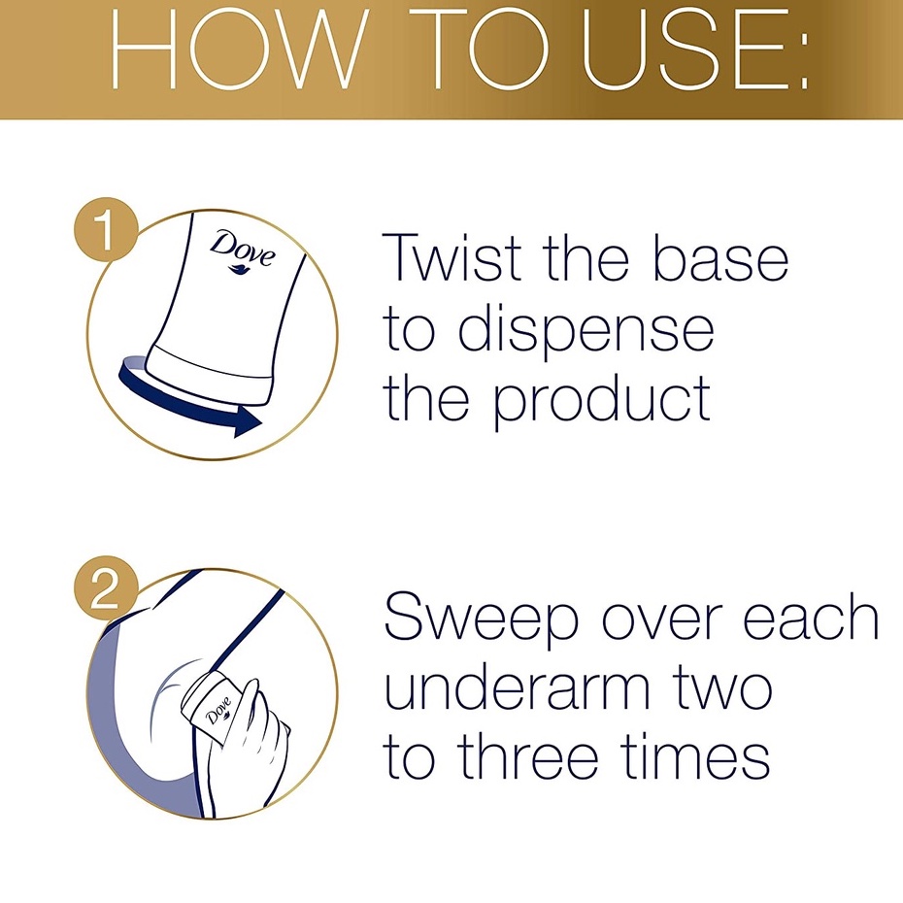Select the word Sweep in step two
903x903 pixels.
pyautogui.click(x=482, y=620)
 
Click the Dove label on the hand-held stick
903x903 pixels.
pyautogui.click(x=218, y=710)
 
